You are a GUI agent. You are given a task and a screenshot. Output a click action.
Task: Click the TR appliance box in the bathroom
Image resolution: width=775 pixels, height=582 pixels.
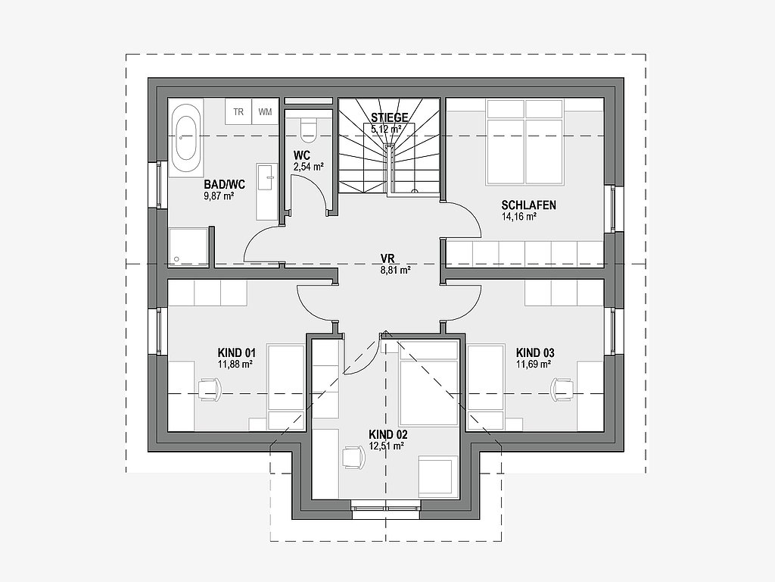[x=238, y=112]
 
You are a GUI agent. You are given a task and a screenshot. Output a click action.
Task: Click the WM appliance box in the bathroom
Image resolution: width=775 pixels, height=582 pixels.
[x=265, y=112]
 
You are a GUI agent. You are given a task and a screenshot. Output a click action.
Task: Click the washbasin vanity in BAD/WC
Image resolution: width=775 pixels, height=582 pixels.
[x=266, y=179]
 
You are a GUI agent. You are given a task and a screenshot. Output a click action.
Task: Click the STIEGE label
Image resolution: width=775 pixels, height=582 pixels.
[x=390, y=117]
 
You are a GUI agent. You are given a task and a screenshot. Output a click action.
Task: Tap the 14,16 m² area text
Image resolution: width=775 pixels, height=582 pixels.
[x=519, y=217]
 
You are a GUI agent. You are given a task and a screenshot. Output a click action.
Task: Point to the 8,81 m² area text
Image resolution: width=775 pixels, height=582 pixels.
[x=396, y=269]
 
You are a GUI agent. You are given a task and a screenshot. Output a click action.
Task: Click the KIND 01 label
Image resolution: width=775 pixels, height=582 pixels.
[x=237, y=352]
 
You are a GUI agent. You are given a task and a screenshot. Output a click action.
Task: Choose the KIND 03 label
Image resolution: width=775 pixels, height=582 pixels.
[x=535, y=352]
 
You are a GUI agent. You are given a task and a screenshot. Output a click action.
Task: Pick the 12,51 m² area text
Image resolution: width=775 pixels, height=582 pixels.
[x=386, y=446]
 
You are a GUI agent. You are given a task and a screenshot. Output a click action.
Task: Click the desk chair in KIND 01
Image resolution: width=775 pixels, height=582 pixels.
[x=209, y=388]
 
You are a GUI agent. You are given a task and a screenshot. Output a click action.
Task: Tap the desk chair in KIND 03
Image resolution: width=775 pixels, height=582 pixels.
[x=561, y=388]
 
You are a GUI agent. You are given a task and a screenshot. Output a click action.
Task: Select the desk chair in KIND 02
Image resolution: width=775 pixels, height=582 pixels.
[x=351, y=456]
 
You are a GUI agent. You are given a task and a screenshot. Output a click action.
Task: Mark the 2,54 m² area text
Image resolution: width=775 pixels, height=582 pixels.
[x=309, y=166]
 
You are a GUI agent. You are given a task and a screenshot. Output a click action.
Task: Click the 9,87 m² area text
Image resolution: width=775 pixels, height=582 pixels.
[x=219, y=196]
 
